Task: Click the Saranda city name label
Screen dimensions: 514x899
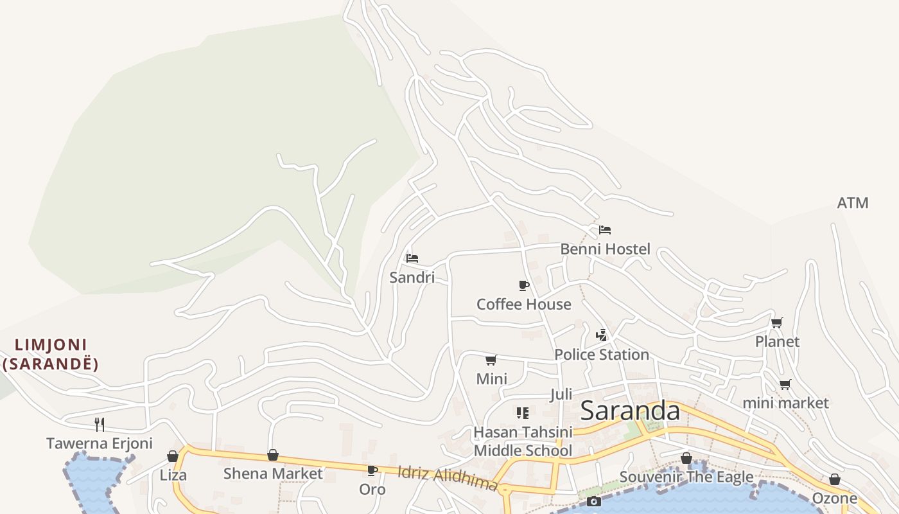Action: (x=629, y=411)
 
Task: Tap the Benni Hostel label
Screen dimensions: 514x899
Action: (x=605, y=249)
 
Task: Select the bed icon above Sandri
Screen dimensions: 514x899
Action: (x=412, y=258)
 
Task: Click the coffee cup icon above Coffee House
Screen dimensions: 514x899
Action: (x=524, y=285)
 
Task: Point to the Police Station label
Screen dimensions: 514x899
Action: (x=601, y=355)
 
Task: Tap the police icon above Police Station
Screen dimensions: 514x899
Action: (x=601, y=335)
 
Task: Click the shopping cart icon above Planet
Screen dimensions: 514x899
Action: (x=777, y=323)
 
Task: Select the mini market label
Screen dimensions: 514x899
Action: (x=785, y=403)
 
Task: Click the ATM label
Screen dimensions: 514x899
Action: (x=852, y=203)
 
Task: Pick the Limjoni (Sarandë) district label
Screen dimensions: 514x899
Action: (x=51, y=355)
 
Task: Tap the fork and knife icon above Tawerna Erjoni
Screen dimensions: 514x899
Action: (x=100, y=424)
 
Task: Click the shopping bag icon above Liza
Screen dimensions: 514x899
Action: (x=173, y=456)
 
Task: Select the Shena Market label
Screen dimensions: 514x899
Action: (x=273, y=474)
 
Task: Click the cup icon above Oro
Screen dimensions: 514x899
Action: (x=372, y=470)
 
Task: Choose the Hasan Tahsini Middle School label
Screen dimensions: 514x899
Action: (x=522, y=441)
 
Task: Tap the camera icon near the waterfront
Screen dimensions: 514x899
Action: (x=594, y=501)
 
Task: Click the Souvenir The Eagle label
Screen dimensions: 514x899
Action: (x=686, y=477)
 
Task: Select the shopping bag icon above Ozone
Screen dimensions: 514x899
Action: (x=834, y=479)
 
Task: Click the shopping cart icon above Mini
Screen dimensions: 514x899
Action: (x=491, y=360)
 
